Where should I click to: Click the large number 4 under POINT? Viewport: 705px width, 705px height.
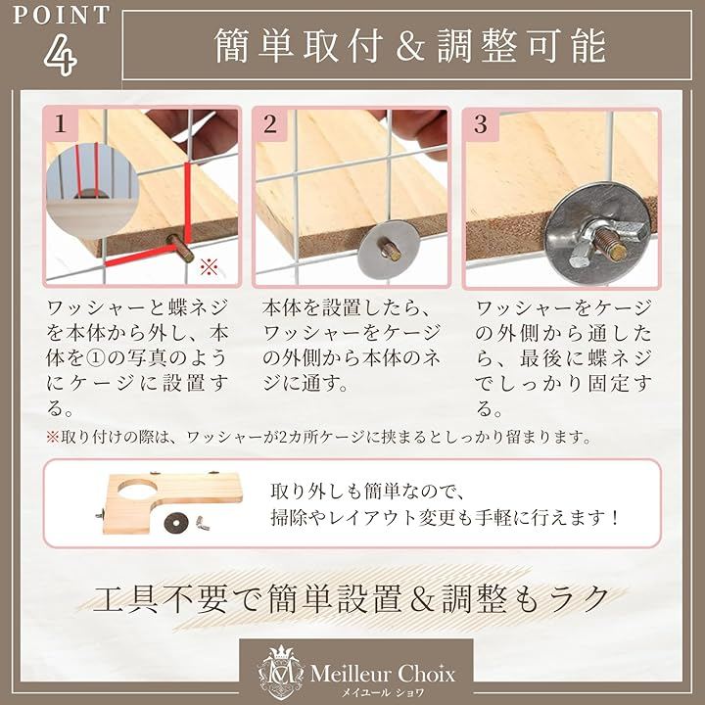61,55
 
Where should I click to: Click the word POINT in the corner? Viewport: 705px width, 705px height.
61,15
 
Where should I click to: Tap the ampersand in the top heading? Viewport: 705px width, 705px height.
409,46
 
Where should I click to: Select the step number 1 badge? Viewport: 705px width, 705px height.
61,124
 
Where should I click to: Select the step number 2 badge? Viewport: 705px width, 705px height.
270,124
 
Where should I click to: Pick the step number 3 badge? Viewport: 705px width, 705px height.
481,124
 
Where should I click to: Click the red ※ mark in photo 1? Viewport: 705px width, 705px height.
210,267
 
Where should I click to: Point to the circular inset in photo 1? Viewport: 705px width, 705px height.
92,190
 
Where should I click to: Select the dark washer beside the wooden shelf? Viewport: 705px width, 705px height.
175,523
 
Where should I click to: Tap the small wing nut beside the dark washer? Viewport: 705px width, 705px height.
203,523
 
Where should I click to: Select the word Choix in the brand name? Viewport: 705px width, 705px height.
427,673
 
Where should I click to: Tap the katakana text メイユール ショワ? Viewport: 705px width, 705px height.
383,693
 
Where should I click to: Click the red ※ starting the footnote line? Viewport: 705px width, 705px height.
52,437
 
